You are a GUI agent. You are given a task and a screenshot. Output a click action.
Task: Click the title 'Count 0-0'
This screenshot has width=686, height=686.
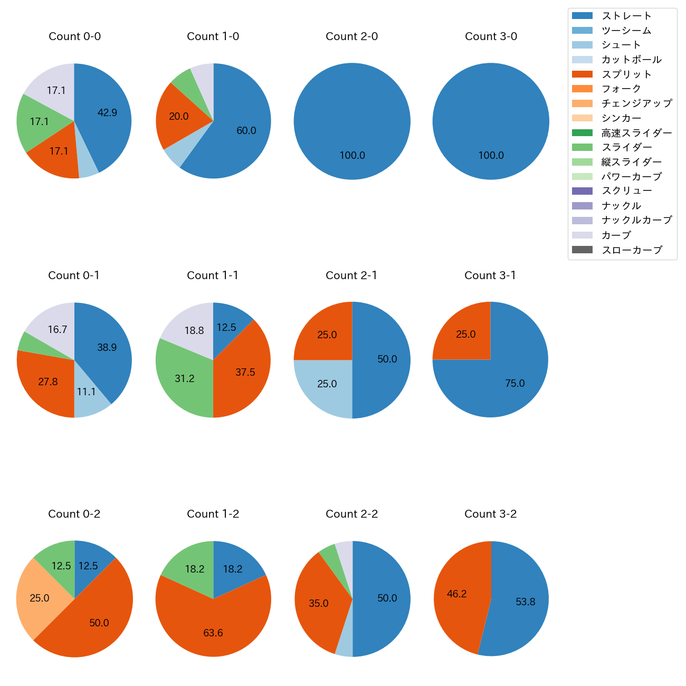74,36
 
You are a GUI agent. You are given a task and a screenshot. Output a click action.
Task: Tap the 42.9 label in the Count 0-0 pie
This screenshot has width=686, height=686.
107,112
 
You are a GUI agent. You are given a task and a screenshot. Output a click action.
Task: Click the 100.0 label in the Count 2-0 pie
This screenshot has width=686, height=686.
352,156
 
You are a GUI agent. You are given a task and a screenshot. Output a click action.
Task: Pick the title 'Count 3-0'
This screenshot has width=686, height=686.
491,36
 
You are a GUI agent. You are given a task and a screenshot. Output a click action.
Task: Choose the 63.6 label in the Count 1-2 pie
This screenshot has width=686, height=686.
213,633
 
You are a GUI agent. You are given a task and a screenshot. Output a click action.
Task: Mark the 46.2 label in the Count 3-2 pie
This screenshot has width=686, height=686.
456,594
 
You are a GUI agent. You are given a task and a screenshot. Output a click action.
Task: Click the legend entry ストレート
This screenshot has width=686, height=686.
626,16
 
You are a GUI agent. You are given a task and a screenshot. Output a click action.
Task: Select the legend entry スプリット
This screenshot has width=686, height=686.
626,74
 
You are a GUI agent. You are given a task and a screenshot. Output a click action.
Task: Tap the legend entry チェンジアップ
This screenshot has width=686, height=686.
636,103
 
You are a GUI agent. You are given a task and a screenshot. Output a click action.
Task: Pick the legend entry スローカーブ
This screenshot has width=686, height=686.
632,250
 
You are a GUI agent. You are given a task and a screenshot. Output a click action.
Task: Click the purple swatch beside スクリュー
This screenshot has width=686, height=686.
582,191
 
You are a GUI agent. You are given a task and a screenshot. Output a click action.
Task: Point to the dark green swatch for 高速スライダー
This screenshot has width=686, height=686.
582,132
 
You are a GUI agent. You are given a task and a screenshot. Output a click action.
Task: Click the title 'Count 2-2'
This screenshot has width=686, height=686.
352,514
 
